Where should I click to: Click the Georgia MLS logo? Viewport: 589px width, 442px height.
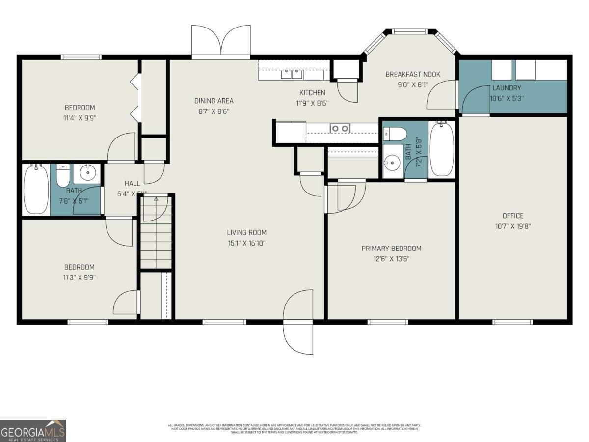[x=33, y=431]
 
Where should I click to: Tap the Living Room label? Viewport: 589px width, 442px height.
[x=246, y=233]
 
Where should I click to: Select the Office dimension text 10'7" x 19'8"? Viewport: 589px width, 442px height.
[x=513, y=226]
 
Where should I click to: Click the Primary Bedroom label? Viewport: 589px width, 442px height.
[x=391, y=249]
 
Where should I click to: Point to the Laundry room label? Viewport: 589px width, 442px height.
[x=507, y=88]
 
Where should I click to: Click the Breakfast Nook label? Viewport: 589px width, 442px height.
[x=412, y=75]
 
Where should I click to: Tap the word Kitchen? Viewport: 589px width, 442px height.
[x=312, y=93]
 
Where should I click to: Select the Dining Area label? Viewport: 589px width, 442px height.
[x=214, y=101]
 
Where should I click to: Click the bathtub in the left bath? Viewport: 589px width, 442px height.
[x=36, y=189]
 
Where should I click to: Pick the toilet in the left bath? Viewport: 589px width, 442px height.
[x=63, y=175]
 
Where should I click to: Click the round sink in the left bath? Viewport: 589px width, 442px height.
[x=88, y=173]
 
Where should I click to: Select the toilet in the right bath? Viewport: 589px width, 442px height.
[x=395, y=134]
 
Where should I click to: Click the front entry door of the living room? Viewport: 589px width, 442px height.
[x=298, y=322]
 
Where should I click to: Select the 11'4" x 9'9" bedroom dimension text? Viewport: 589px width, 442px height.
[x=80, y=118]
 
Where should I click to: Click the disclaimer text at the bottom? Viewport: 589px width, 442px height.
[x=294, y=428]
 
